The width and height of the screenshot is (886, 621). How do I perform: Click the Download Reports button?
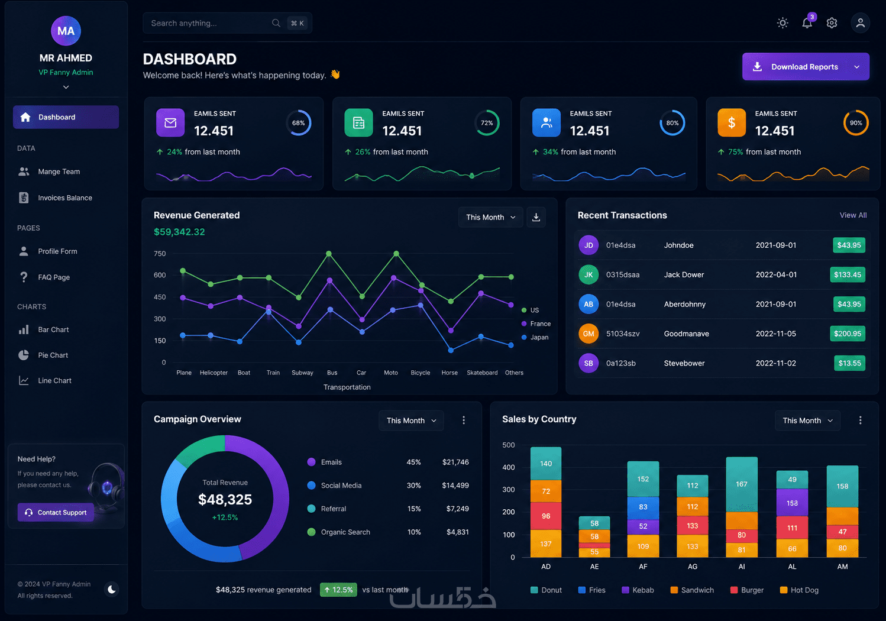(806, 66)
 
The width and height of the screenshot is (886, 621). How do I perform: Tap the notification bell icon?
(807, 23)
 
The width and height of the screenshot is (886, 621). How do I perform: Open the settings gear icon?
(832, 23)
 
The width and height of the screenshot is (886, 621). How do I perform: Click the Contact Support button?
(56, 512)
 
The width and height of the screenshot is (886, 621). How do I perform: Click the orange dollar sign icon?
(732, 122)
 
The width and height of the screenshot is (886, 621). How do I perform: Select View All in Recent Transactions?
(853, 215)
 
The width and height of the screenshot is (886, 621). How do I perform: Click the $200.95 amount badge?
(847, 334)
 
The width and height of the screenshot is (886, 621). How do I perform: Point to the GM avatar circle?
(588, 334)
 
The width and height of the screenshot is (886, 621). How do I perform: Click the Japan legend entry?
(535, 337)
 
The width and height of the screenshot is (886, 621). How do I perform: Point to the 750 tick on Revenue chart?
(160, 254)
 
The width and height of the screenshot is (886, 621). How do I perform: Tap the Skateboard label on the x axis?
(482, 373)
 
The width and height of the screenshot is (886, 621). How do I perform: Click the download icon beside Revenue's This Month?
(536, 217)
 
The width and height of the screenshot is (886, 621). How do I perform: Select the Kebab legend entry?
(638, 590)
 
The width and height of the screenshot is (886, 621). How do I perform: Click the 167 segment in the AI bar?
(742, 484)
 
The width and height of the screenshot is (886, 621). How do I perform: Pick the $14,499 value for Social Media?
(455, 486)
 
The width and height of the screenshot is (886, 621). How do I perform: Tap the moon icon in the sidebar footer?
(112, 589)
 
